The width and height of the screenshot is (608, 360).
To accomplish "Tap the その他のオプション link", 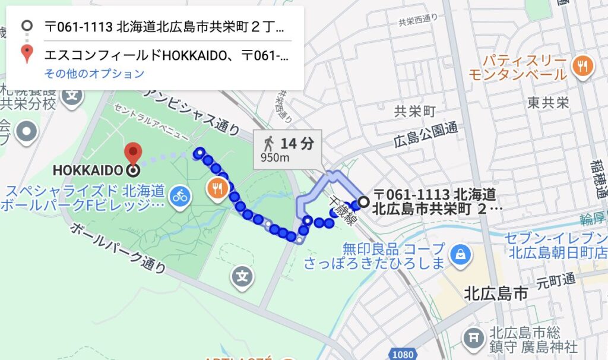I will [x=94, y=74].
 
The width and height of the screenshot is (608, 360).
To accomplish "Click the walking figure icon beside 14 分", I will [x=269, y=143].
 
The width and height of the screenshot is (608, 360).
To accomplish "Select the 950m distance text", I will [x=275, y=157].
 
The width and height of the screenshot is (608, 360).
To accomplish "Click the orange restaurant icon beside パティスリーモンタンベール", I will [x=582, y=65].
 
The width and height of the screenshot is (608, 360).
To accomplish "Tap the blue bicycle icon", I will [x=179, y=194].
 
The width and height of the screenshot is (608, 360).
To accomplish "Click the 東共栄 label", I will [x=548, y=103].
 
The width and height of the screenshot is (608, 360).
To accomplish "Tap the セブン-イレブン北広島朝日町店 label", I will [x=556, y=245].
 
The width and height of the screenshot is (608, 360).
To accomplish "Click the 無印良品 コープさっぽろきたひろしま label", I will [x=374, y=255].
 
